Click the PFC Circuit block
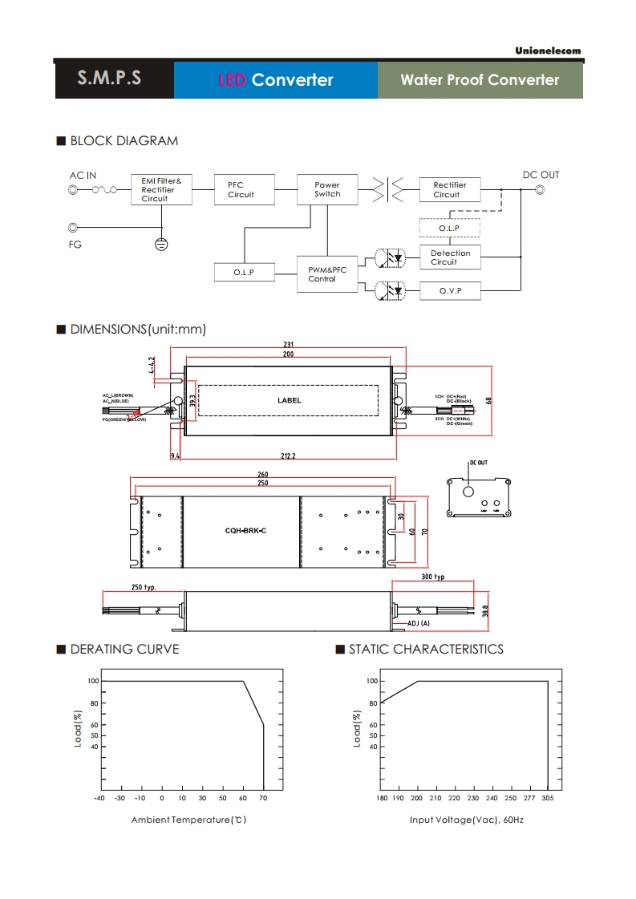[x=241, y=189]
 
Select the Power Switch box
[x=327, y=189]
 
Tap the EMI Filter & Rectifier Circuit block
[x=161, y=189]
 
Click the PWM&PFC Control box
[x=327, y=274]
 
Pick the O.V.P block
[x=450, y=290]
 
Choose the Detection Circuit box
[x=450, y=257]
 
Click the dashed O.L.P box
[x=449, y=228]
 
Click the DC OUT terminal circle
[x=541, y=190]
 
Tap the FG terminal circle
[x=74, y=228]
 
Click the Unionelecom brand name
[x=548, y=51]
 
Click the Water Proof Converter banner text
[x=480, y=80]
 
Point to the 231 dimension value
[x=288, y=345]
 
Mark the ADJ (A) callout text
[x=419, y=623]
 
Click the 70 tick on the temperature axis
[x=263, y=798]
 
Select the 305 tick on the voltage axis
[x=548, y=798]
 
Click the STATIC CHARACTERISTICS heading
[x=426, y=649]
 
